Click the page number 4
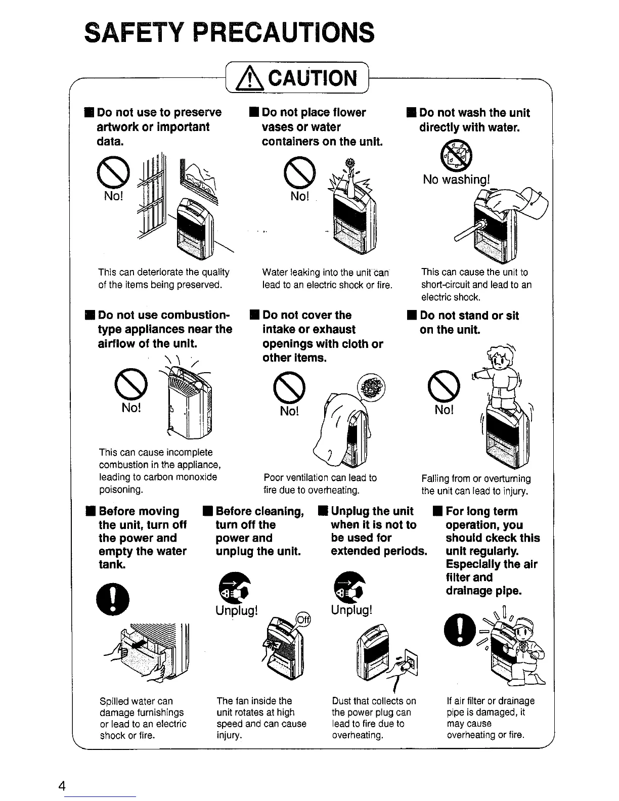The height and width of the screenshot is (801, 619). point(62,786)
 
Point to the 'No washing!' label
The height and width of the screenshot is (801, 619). point(456,180)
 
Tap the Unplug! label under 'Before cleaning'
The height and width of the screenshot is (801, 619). point(237,610)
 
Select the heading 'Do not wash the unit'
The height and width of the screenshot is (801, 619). point(474,113)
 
